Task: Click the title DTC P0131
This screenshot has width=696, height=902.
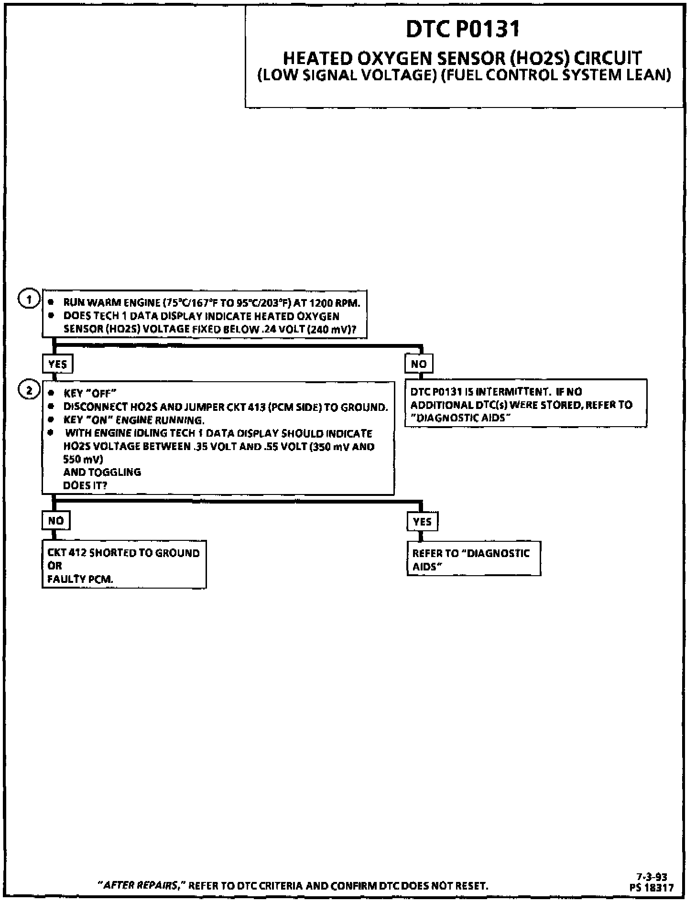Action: click(x=463, y=29)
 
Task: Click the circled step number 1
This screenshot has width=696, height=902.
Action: click(x=29, y=300)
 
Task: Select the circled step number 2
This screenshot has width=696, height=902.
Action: click(x=29, y=390)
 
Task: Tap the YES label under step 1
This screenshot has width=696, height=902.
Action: click(x=57, y=364)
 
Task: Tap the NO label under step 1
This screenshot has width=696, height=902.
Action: click(x=419, y=364)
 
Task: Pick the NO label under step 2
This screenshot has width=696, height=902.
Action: click(x=56, y=520)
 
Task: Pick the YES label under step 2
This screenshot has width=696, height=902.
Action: click(x=422, y=521)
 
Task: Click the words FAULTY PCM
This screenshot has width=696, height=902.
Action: click(x=80, y=579)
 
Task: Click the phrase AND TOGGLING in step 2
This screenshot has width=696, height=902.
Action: click(x=102, y=472)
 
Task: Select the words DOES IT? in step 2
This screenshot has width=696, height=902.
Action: click(x=85, y=485)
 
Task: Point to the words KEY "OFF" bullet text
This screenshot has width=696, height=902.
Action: click(x=90, y=394)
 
